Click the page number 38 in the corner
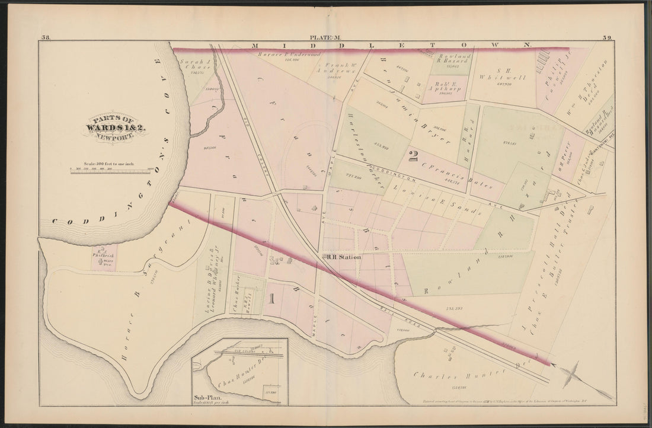pos(46,39)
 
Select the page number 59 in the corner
pos(608,39)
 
